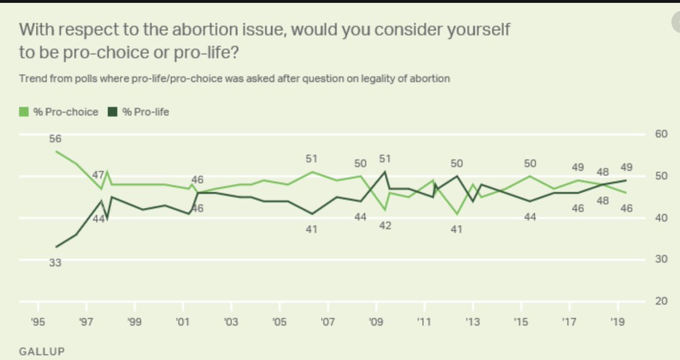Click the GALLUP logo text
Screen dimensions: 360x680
coord(42,351)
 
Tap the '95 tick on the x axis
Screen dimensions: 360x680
coord(39,321)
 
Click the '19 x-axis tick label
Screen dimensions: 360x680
coord(617,321)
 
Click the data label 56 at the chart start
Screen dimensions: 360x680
coord(55,139)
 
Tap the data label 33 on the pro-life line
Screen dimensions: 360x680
coord(55,262)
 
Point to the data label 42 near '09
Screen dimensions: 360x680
coord(385,226)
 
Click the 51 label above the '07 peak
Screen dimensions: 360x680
coord(312,159)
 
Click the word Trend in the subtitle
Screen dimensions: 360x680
coord(32,79)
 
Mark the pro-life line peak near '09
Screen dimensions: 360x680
coord(385,171)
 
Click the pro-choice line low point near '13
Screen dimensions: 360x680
coord(457,214)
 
